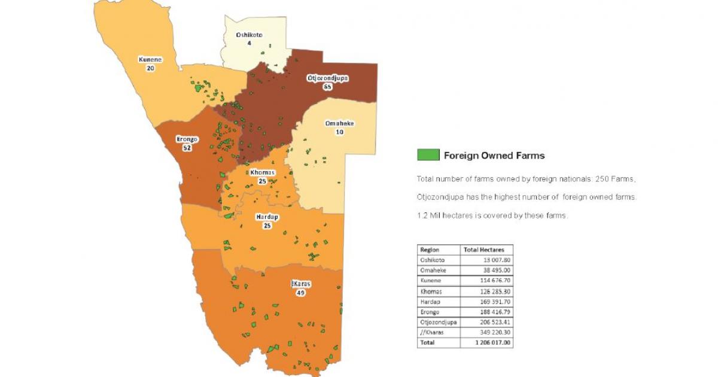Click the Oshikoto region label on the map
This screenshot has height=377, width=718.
click(249, 35)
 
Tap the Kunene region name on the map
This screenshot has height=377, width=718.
click(150, 60)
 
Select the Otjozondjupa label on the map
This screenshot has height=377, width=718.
click(327, 78)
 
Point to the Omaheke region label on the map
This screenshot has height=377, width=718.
click(339, 124)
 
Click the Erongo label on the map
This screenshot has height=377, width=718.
click(187, 139)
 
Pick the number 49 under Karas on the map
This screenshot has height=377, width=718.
click(300, 293)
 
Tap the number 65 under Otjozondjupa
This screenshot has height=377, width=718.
click(327, 87)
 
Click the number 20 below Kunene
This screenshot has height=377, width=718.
click(150, 68)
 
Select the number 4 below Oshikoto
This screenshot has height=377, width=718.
click(249, 44)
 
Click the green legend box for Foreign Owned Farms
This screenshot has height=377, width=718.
click(428, 155)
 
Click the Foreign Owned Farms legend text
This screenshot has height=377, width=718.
click(494, 156)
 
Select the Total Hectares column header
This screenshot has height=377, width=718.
click(483, 250)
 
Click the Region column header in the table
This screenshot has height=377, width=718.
click(430, 250)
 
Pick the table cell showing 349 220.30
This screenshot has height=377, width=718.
click(494, 332)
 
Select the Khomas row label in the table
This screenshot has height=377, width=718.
click(431, 291)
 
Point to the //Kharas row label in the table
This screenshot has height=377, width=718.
click(432, 332)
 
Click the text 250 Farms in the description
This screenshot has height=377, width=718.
click(614, 179)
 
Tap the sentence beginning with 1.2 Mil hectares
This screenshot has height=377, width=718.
click(492, 215)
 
